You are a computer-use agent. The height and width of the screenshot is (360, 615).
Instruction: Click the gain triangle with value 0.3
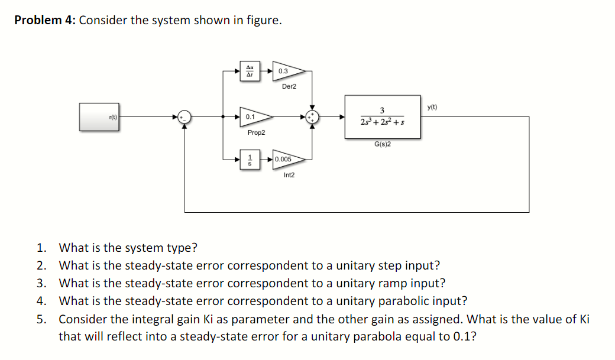pyautogui.click(x=286, y=71)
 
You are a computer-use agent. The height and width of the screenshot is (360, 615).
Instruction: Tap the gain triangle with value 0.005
pyautogui.click(x=286, y=159)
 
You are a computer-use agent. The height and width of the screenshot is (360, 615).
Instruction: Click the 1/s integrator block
pyautogui.click(x=250, y=159)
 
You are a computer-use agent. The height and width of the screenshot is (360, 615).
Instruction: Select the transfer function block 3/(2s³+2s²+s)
pyautogui.click(x=383, y=116)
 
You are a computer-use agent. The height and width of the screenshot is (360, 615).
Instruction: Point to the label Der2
pyautogui.click(x=289, y=86)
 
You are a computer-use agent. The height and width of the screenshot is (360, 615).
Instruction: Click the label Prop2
pyautogui.click(x=256, y=133)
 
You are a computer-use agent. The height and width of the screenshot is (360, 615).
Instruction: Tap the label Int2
pyautogui.click(x=289, y=175)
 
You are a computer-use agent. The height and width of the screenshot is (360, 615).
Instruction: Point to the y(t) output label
pyautogui.click(x=432, y=107)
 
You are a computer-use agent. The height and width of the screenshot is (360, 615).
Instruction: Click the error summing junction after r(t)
pyautogui.click(x=185, y=116)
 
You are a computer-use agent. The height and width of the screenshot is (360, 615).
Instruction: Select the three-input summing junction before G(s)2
pyautogui.click(x=312, y=116)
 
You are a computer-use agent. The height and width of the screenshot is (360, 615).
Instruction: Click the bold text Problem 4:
pyautogui.click(x=45, y=20)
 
